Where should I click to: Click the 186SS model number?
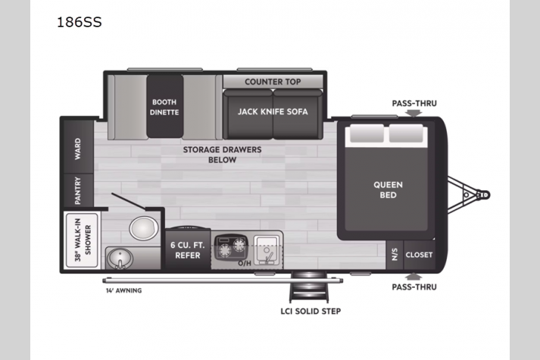pos(80,22)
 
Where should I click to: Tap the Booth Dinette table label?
pos(164,107)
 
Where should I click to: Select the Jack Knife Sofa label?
pos(273,111)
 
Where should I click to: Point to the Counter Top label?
pos(273,82)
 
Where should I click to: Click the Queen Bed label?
pos(388,189)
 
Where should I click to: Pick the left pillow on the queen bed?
pos(367,133)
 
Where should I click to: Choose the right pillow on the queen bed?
pos(406,133)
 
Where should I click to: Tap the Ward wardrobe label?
pos(78,149)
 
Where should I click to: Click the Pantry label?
pos(78,190)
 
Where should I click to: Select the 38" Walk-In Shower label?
pos(83,239)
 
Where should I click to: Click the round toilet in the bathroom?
pos(144,227)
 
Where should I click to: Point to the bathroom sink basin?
pos(120,258)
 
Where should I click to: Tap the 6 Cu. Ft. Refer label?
pos(188,250)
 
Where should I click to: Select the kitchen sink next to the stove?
pos(267,251)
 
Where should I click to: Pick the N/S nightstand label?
pos(395,255)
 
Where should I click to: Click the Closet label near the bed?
pos(419,255)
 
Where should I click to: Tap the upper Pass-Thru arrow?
pos(414,113)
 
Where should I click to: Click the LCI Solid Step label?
pos(311,311)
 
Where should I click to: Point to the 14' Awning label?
pos(123,291)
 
